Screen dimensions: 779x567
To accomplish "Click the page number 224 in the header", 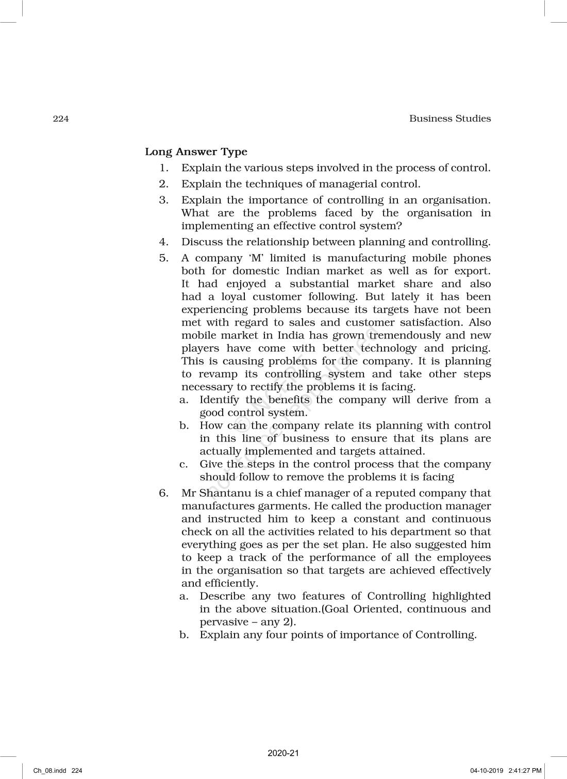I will pos(60,119).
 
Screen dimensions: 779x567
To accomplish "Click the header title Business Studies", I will pos(449,118).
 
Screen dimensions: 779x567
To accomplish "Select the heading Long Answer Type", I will pos(196,152).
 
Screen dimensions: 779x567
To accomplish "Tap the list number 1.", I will pos(163,168).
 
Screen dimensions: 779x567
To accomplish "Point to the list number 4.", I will pos(163,242).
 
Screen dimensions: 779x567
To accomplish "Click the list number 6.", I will pos(163,493).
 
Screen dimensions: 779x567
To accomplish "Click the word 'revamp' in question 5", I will pos(218,375).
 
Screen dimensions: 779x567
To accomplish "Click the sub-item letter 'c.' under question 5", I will pos(184,464).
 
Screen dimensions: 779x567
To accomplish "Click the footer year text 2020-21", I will pos(283,753).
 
